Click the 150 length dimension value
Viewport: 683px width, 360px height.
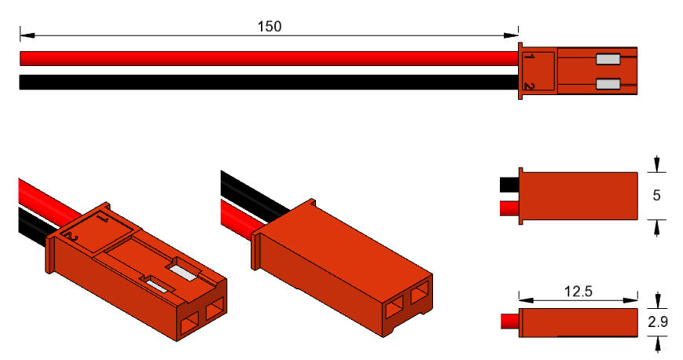(x=269, y=26)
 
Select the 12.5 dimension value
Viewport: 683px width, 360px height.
(x=578, y=291)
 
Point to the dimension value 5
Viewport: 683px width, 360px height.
(x=657, y=195)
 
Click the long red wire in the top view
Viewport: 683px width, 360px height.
(x=267, y=59)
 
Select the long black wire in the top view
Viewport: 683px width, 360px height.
(x=267, y=82)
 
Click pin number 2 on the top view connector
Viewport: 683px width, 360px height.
(x=530, y=85)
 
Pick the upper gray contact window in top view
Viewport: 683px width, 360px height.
(x=608, y=59)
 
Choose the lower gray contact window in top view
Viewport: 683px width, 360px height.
(x=608, y=84)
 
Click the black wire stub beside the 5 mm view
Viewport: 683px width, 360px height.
(x=509, y=184)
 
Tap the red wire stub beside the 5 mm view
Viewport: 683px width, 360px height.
(x=509, y=208)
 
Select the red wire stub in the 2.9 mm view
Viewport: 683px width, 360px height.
(x=509, y=321)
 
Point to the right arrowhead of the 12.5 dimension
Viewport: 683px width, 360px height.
(x=632, y=300)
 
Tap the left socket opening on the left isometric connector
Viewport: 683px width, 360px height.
(x=189, y=322)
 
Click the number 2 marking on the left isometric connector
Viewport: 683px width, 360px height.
(x=72, y=236)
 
